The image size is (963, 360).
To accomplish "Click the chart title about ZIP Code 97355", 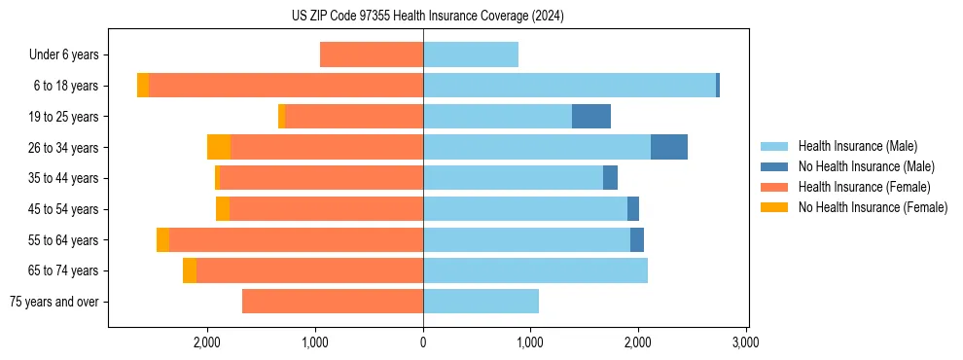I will [x=427, y=17].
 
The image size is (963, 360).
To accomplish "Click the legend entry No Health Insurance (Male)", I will [x=866, y=166].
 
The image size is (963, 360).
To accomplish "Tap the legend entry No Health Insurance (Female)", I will [x=873, y=207].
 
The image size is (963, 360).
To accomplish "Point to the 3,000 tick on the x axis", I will [x=745, y=342].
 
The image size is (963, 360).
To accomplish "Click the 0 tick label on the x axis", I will [x=423, y=342].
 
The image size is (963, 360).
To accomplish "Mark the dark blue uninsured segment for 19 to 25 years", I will [x=591, y=117].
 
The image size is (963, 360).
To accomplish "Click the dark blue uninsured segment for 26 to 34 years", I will [x=669, y=147].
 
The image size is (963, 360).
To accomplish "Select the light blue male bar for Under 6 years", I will [x=471, y=54].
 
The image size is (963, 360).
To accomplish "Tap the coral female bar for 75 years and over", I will [x=333, y=302].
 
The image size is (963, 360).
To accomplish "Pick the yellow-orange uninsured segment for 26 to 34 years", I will [x=219, y=147].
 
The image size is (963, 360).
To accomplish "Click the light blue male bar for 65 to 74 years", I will [x=535, y=270].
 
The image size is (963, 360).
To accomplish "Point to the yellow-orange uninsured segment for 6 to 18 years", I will [x=143, y=86].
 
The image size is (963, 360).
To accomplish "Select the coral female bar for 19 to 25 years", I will [x=354, y=117].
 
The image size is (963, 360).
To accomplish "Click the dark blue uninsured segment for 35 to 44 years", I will [x=610, y=178].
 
